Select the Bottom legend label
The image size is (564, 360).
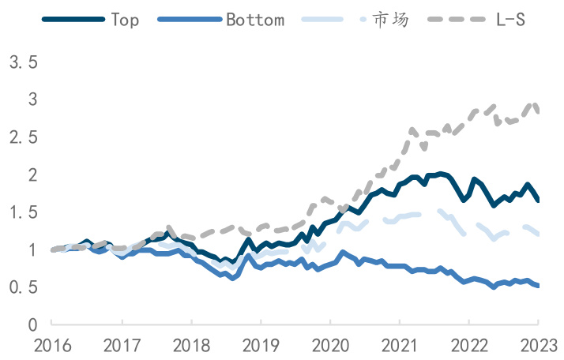click(255, 19)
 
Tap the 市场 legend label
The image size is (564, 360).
click(391, 19)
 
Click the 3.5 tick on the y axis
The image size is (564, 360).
click(24, 62)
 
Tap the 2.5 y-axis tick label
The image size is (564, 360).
click(24, 137)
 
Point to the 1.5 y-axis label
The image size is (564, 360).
click(24, 212)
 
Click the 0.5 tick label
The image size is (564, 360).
click(24, 287)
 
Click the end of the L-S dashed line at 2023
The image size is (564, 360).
click(539, 112)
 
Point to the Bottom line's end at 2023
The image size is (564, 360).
click(539, 286)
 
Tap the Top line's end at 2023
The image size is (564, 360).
click(539, 201)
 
